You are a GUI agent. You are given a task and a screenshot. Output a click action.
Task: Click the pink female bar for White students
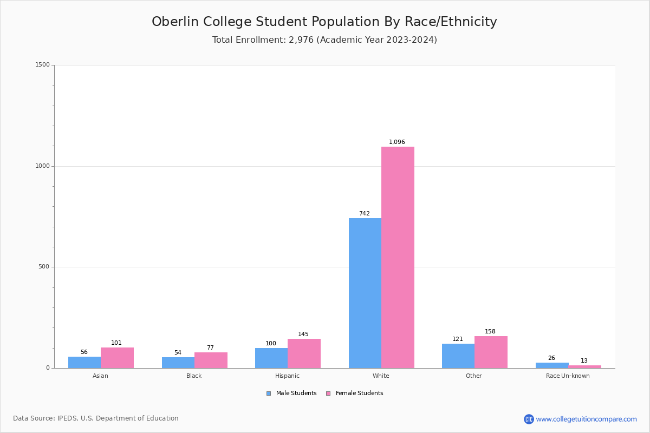coord(398,257)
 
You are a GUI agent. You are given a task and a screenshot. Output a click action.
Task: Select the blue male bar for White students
coord(365,293)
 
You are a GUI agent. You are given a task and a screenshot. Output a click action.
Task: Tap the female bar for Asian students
coord(117,358)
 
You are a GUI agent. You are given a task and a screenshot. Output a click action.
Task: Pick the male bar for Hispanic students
coord(271,358)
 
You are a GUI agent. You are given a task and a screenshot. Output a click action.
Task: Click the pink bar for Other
coord(491,352)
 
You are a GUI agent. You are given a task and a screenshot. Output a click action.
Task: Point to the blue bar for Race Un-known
coord(552,365)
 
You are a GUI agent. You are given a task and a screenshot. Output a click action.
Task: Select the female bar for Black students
coord(211,360)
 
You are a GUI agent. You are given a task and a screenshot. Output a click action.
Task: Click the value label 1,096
coord(397,142)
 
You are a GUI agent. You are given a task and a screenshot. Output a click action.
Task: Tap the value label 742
coord(365,214)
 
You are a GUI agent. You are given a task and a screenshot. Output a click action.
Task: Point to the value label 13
coord(584,361)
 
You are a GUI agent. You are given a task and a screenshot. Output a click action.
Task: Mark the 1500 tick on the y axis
coord(42,65)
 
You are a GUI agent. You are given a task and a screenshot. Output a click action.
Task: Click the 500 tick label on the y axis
coord(43,267)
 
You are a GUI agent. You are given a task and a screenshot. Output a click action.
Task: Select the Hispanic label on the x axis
coord(287,376)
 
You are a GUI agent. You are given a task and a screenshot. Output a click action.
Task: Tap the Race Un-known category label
coord(568,376)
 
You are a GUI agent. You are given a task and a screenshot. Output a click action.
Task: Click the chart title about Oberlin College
coord(324,22)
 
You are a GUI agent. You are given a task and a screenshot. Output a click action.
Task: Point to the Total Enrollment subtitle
coord(324,40)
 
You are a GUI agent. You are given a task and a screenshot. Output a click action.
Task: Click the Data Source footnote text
coord(96,418)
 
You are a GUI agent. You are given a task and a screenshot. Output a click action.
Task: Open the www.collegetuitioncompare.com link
coord(586,419)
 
